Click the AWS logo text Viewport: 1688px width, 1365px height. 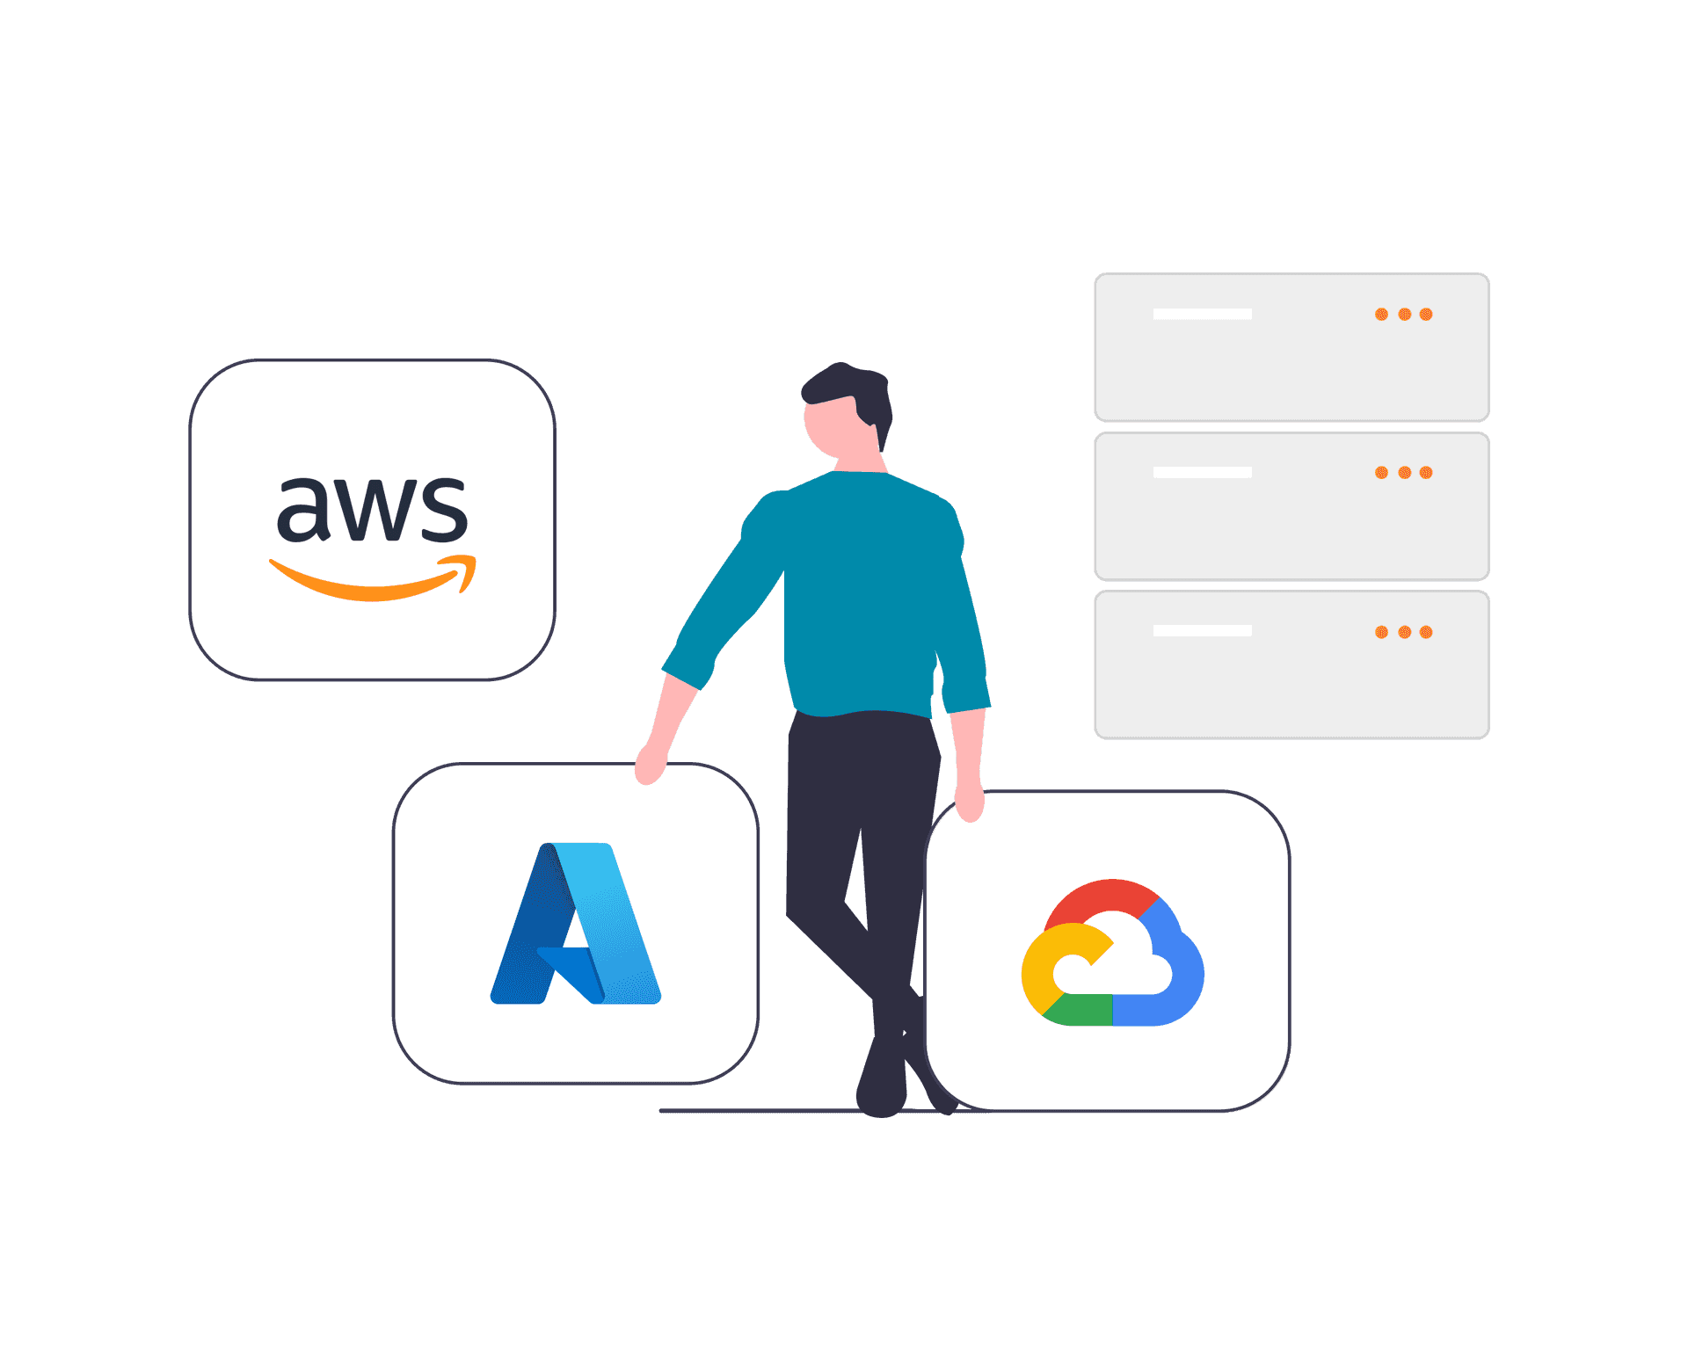tap(372, 510)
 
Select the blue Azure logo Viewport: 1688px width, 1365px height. tap(576, 923)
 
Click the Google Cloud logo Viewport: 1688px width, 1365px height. tap(1112, 952)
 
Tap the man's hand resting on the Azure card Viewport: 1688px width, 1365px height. tap(651, 763)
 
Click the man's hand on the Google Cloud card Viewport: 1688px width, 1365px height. tap(970, 798)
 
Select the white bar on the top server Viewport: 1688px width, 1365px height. tap(1202, 314)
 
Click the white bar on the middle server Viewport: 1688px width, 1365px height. tap(1202, 472)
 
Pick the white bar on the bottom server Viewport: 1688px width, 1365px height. tap(1202, 630)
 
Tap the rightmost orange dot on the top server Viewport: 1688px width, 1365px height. tap(1426, 315)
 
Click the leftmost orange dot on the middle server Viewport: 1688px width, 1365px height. tap(1381, 473)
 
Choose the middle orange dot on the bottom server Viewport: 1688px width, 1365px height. tap(1404, 632)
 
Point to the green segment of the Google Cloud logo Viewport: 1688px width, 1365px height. tap(1078, 1010)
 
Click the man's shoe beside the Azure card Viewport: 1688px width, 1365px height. tap(882, 1081)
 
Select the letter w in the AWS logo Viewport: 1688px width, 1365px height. tap(372, 510)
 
